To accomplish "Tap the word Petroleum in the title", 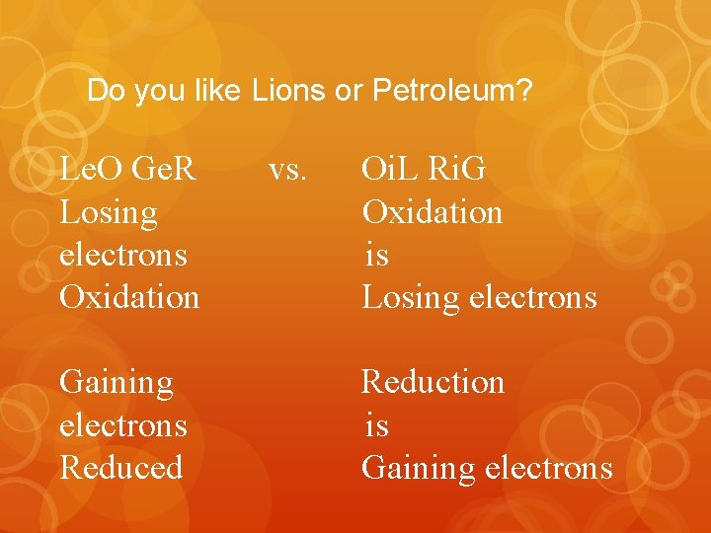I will tap(452, 92).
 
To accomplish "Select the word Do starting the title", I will tap(104, 92).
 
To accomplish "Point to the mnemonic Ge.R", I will tap(164, 170).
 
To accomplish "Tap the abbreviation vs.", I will tap(288, 170).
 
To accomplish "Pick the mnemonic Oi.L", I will tap(392, 170).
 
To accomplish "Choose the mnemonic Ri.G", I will tap(455, 170).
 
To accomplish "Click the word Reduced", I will tap(121, 467).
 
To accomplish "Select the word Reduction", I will tap(433, 382).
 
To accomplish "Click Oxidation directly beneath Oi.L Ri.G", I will tap(433, 212).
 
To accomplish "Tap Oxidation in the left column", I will tap(129, 297).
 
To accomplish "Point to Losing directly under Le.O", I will tap(109, 213).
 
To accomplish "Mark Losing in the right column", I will tap(409, 297).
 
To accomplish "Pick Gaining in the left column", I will tap(117, 382).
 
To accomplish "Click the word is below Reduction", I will tap(376, 425).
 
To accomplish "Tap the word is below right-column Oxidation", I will tap(376, 255).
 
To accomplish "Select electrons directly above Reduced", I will tap(123, 425).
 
